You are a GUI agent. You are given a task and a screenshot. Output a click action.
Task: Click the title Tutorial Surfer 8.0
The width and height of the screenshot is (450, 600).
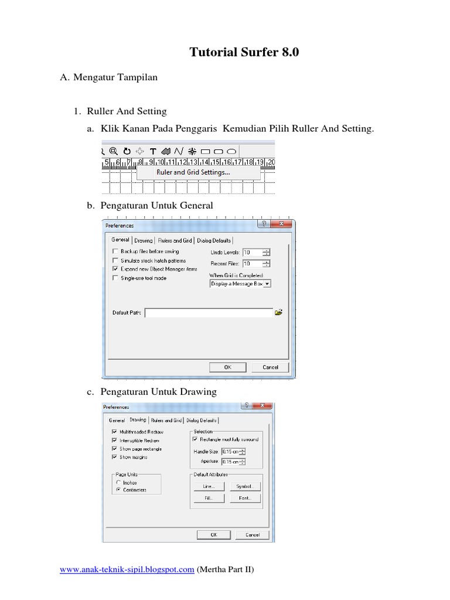[x=244, y=52]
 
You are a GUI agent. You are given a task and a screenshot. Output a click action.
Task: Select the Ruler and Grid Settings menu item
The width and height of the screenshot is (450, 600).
[x=193, y=172]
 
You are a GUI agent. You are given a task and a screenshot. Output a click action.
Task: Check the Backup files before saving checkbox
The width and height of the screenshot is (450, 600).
[x=115, y=251]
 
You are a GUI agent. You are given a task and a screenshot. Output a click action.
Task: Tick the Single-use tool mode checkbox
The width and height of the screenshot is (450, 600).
[x=115, y=278]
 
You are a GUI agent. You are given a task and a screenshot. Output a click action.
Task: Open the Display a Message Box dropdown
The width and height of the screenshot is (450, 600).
[x=240, y=284]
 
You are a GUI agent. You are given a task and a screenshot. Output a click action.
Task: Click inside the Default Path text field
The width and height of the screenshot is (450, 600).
[x=209, y=313]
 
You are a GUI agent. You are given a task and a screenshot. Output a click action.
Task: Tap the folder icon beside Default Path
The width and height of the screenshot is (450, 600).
[x=279, y=313]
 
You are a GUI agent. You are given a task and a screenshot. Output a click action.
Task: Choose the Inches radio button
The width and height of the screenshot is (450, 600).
[x=118, y=483]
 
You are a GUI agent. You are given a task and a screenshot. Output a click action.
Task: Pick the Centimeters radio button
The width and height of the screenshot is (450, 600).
[x=118, y=490]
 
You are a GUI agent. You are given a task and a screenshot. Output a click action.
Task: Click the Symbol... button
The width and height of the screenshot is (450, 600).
[x=244, y=486]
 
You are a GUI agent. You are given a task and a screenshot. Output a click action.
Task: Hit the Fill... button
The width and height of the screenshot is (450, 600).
[x=209, y=498]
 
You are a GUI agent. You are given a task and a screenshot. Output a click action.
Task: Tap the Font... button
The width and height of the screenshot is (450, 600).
[x=244, y=498]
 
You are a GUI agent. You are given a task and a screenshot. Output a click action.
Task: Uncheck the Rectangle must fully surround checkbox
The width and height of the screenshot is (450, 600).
[x=195, y=439]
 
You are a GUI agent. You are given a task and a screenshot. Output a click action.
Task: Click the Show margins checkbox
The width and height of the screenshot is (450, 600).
[x=114, y=457]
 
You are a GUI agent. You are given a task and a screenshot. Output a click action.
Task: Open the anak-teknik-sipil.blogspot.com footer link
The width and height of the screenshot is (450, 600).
[x=127, y=570]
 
